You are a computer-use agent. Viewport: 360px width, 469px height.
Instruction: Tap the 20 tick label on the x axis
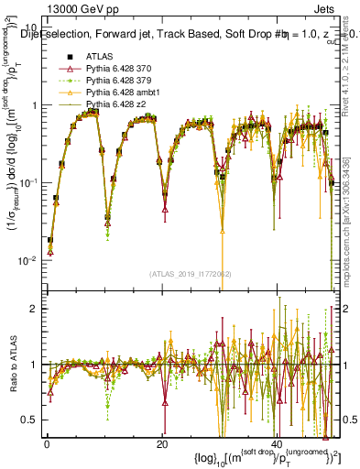pyautogui.click(x=162, y=443)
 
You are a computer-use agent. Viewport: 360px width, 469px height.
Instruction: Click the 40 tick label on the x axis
pyautogui.click(x=278, y=443)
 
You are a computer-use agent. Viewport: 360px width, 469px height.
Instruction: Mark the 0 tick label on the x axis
pyautogui.click(x=47, y=443)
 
